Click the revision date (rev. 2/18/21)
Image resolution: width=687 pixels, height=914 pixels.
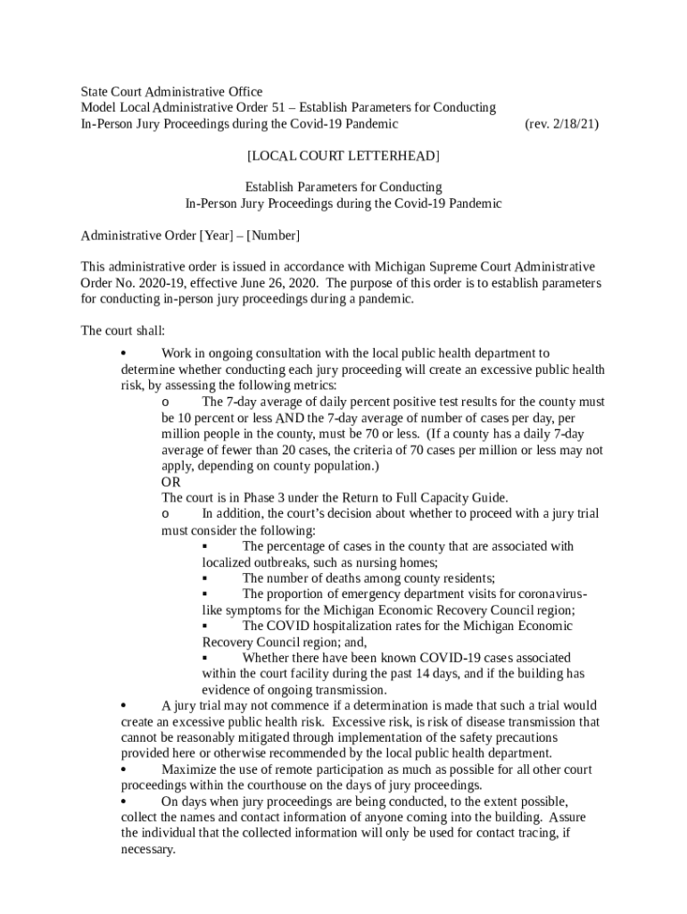[x=561, y=124]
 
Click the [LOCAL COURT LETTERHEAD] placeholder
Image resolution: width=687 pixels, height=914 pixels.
[x=343, y=156]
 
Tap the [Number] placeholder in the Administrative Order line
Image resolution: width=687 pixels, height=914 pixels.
[x=273, y=236]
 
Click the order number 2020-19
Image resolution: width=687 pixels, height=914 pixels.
[x=144, y=283]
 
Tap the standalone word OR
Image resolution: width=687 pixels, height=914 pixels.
[x=170, y=482]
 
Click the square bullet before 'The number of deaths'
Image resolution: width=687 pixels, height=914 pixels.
[x=205, y=578]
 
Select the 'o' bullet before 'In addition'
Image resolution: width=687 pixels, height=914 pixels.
[x=165, y=514]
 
